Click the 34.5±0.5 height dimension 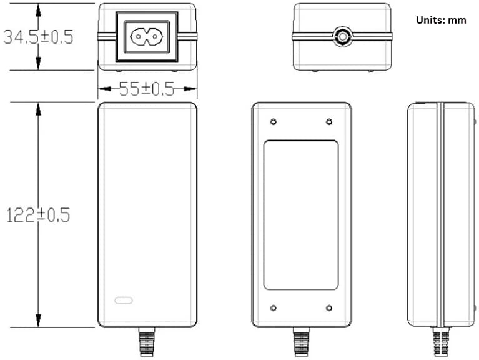37,37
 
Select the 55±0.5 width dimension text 147,89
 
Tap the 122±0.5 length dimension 37,215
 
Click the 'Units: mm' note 441,20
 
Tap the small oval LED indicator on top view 123,299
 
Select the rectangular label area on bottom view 300,215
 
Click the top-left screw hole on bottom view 274,121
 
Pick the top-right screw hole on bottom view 328,121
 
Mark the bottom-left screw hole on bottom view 274,307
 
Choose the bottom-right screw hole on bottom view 328,307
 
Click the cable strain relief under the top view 146,343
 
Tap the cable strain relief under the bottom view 301,343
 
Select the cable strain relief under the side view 441,343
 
